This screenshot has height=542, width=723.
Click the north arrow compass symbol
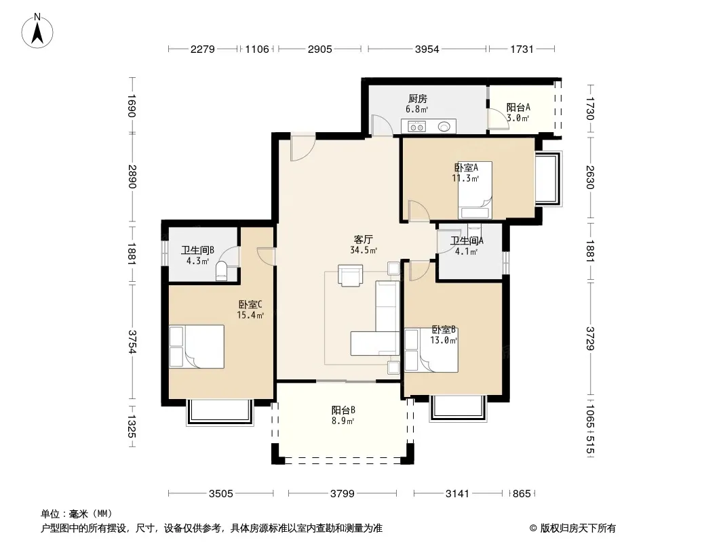[37, 30]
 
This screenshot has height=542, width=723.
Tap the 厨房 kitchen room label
[417, 98]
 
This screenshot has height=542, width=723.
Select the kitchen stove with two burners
[417, 127]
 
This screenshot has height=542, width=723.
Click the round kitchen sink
[444, 126]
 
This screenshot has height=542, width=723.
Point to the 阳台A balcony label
[518, 107]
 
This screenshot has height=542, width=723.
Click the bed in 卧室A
[475, 190]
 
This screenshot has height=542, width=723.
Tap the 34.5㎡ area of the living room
[364, 251]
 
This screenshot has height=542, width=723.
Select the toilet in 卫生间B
[222, 271]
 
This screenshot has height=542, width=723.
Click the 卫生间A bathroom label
[467, 241]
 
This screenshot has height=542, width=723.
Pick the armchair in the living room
[350, 275]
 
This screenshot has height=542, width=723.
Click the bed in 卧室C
[197, 346]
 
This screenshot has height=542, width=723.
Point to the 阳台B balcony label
[343, 410]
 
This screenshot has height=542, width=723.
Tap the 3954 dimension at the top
[427, 49]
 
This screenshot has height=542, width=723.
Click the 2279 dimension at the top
[202, 49]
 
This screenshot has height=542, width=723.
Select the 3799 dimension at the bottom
[342, 494]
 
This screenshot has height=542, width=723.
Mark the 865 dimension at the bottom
[522, 494]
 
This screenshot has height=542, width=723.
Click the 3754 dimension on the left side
[132, 341]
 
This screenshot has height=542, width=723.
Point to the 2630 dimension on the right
[590, 178]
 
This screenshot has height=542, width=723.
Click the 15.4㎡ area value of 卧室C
[250, 316]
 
